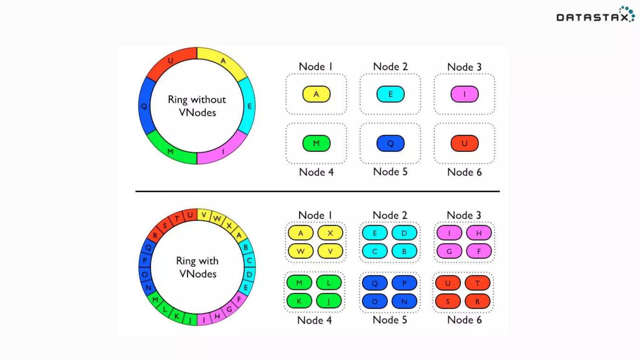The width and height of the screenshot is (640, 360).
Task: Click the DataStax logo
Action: click(595, 15)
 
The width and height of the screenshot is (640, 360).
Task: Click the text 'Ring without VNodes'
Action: click(197, 106)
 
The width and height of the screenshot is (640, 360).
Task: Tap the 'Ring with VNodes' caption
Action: click(197, 267)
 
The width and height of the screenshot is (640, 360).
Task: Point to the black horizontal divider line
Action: click(317, 191)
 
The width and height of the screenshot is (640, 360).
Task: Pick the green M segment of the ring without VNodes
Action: click(171, 151)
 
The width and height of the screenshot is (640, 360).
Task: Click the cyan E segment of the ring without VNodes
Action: click(249, 106)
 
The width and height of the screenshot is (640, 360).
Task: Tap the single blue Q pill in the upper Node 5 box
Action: click(390, 143)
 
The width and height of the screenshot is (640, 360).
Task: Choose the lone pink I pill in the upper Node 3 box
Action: click(464, 94)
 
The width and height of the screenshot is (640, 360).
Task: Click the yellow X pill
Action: click(330, 233)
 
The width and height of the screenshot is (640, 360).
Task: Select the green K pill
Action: click(299, 301)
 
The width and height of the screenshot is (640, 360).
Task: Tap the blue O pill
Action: click(375, 302)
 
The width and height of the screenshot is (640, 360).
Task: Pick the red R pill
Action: click(477, 302)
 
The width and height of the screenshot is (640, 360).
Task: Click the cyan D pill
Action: click(404, 233)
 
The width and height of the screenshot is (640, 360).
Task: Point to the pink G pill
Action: click(449, 251)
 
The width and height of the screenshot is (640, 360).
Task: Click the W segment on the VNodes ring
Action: click(217, 218)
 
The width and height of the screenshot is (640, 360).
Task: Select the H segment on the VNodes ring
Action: click(217, 316)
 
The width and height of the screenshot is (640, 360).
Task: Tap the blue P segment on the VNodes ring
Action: click(145, 260)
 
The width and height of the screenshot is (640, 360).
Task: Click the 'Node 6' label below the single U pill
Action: click(464, 172)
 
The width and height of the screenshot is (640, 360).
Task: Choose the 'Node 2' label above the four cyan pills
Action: click(390, 215)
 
